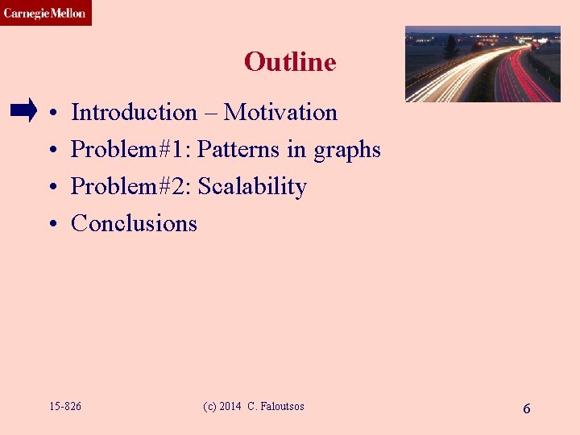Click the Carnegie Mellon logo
click(45, 13)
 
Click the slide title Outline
click(290, 62)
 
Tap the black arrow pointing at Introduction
click(24, 110)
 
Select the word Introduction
click(134, 112)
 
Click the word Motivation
click(280, 112)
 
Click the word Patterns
click(239, 149)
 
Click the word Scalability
click(252, 187)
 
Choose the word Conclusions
click(134, 223)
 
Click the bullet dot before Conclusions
click(51, 224)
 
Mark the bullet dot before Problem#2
click(51, 187)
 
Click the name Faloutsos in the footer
click(281, 407)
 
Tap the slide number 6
click(526, 408)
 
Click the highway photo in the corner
click(483, 64)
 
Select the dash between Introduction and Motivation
click(210, 113)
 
